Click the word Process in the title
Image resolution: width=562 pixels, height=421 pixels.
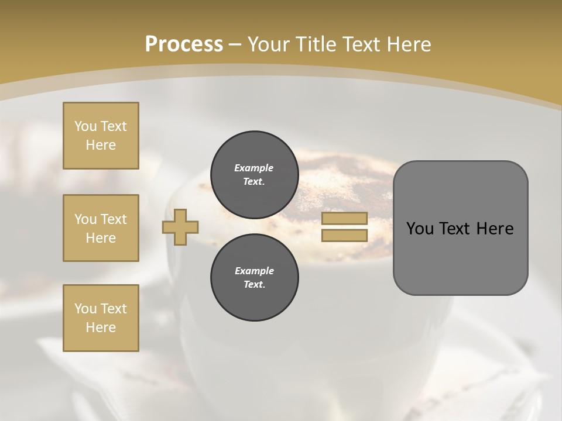(184, 44)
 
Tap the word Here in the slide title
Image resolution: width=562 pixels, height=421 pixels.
(405, 44)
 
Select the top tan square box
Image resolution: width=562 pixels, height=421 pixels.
(101, 136)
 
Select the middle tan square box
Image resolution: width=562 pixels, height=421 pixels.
(101, 228)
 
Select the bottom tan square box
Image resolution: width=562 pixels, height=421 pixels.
(101, 318)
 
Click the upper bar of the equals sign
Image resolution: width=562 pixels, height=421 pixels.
(344, 219)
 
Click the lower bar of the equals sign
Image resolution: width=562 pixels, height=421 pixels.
(344, 236)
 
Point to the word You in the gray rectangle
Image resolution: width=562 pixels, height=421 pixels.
(419, 229)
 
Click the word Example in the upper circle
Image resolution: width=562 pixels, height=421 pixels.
(254, 168)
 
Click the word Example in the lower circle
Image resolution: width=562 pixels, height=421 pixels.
(254, 271)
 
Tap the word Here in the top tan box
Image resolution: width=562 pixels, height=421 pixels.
(101, 145)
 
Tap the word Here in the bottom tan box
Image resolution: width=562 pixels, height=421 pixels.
(101, 327)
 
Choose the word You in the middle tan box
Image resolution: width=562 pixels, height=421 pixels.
(85, 219)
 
